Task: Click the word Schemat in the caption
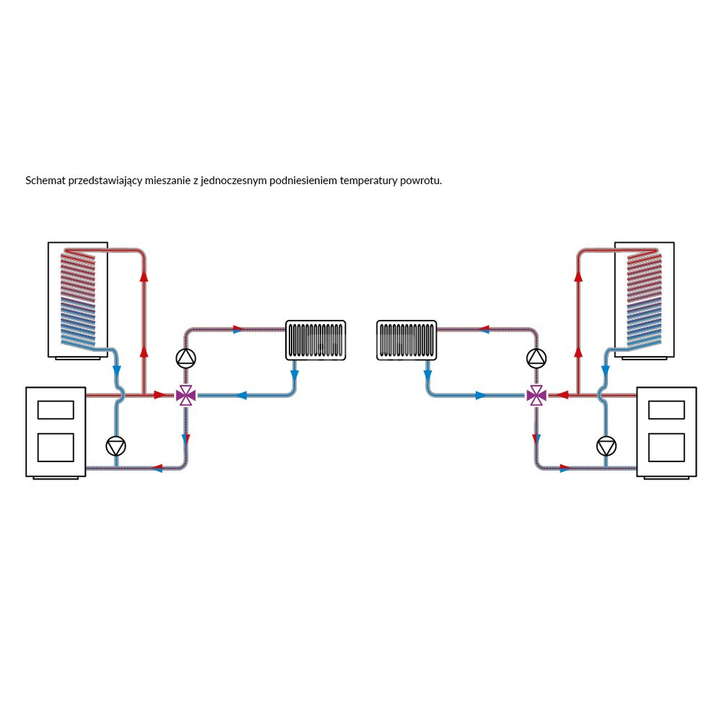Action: (x=45, y=180)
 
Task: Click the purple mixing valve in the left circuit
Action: (x=186, y=395)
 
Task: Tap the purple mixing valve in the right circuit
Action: (x=536, y=395)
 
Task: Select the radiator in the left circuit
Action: (x=316, y=340)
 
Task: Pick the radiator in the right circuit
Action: (x=406, y=340)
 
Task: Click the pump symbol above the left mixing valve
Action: (x=186, y=357)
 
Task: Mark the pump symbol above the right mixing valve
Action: (x=536, y=357)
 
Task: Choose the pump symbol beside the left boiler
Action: (x=116, y=446)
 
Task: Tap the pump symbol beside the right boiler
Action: (x=606, y=446)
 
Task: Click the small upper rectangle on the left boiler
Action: (x=56, y=409)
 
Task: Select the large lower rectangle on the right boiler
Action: (x=666, y=447)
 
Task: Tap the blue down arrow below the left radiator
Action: (x=295, y=376)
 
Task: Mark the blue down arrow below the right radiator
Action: (x=427, y=376)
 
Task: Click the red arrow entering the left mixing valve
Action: (x=160, y=395)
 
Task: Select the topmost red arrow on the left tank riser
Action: (x=144, y=275)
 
